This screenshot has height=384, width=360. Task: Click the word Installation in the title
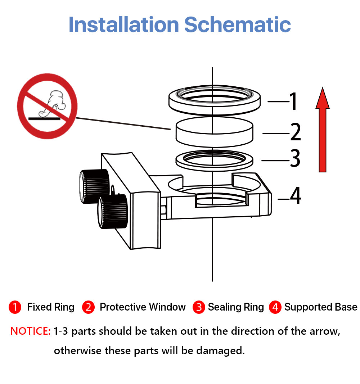124,24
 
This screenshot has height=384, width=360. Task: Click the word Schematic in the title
237,24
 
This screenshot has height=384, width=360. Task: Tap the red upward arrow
323,130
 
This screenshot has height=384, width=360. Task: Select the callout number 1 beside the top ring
293,101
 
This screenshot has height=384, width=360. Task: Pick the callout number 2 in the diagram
296,132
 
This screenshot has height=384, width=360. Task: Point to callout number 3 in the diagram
295,158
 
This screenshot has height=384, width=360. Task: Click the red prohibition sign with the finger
47,106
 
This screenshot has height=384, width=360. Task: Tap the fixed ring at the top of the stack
215,100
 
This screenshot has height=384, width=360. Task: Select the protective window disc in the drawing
215,132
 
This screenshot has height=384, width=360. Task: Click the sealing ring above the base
215,161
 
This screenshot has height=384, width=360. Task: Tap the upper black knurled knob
94,186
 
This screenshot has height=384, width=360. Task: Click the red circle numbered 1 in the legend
15,307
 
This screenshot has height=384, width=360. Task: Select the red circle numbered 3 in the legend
199,307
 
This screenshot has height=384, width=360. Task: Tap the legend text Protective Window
143,307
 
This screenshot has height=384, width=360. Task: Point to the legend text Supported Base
321,307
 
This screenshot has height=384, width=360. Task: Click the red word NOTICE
30,331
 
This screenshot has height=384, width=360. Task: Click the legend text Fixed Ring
51,307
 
